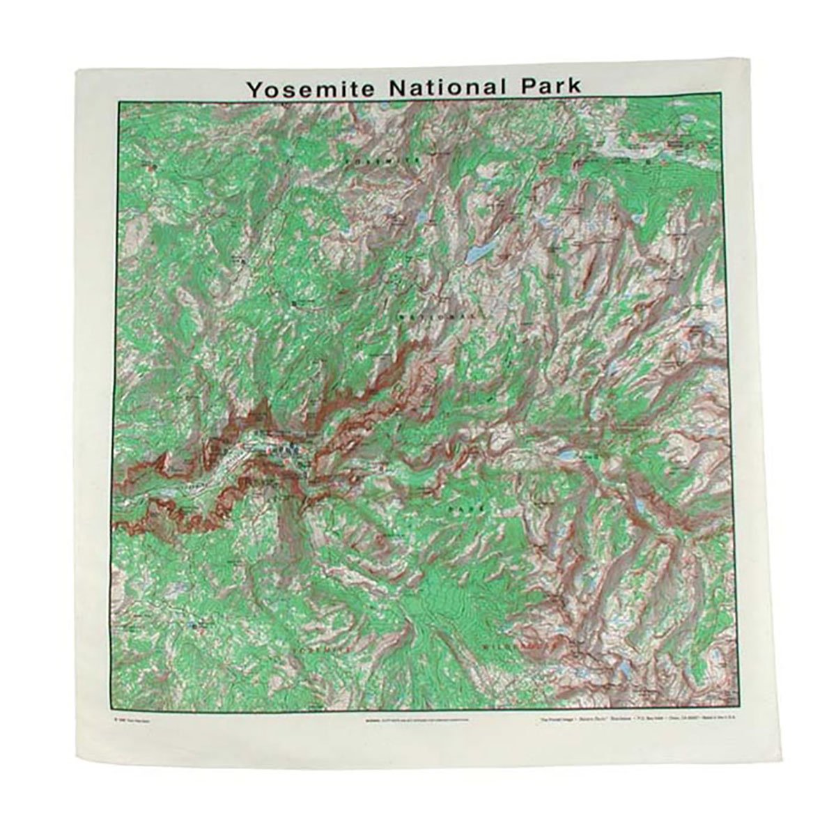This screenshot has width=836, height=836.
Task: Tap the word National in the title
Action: click(x=433, y=88)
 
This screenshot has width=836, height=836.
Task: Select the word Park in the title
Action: click(x=543, y=88)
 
